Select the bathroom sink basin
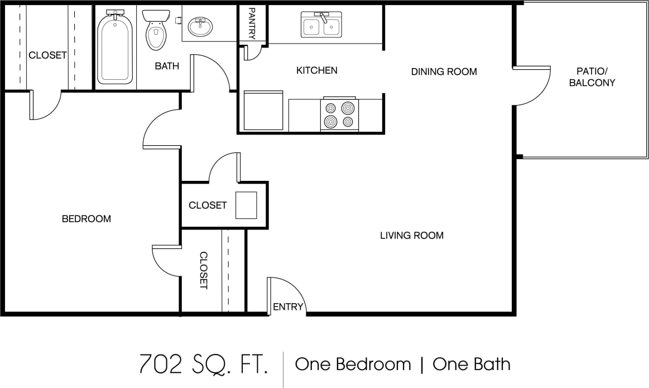coord(200,26)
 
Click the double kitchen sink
coord(321,25)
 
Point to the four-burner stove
coord(339,114)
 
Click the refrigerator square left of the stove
coord(263,111)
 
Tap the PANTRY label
coord(252,23)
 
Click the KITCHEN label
coord(316,70)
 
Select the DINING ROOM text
coord(444,71)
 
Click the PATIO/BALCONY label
coord(592,77)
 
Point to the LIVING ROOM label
coord(412,236)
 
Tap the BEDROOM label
coord(86,219)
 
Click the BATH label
coord(167,66)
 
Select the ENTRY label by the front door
coord(288,306)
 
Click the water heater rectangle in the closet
coord(246,205)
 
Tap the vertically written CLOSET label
coord(203,270)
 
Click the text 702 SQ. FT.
coord(203,365)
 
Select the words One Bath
coord(472,365)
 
